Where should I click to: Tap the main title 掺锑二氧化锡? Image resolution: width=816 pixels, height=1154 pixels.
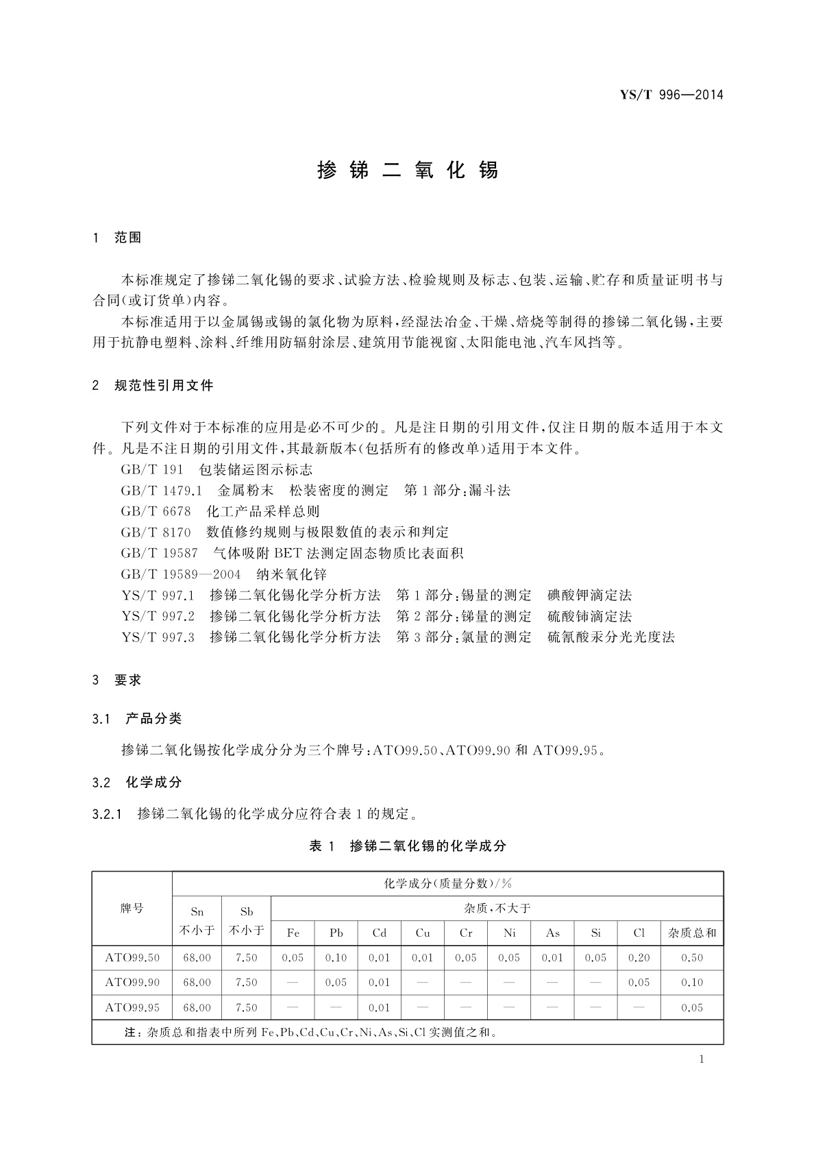408,170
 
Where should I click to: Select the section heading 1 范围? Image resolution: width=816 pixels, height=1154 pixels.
117,238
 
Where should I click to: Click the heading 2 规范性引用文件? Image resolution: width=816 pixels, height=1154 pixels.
153,386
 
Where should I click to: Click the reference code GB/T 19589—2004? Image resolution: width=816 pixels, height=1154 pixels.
181,574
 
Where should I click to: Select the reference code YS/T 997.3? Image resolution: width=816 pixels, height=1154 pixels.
158,637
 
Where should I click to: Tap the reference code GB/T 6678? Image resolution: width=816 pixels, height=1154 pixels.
156,512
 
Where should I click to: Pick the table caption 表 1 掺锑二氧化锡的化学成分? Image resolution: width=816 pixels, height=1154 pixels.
408,846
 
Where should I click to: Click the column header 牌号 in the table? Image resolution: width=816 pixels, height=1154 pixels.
132,909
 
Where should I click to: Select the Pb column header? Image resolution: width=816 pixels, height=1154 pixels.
336,933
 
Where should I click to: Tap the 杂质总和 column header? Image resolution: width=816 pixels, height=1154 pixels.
692,933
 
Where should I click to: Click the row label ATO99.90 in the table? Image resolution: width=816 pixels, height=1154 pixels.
132,983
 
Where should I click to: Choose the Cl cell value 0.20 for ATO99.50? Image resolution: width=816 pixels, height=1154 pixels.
639,958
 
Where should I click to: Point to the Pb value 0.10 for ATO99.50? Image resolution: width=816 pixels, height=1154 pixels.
336,958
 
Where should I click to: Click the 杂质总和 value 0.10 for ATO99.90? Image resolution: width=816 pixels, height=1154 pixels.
692,983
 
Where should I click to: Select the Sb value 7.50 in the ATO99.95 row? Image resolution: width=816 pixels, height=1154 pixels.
246,1007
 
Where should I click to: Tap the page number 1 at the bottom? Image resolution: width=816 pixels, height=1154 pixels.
702,1059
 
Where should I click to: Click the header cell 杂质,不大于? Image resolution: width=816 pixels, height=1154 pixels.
497,909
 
